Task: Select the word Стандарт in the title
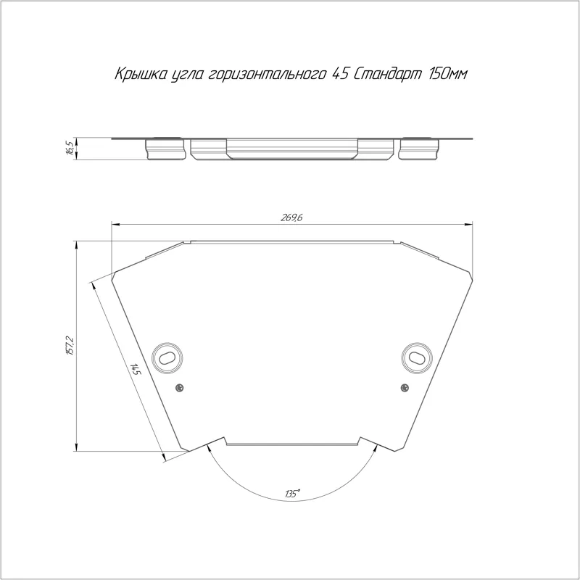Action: coord(388,75)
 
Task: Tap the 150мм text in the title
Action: coord(447,75)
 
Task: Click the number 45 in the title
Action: coord(340,75)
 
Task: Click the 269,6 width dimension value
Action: coord(291,217)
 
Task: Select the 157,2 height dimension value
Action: coord(70,346)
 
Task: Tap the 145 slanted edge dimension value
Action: coord(135,369)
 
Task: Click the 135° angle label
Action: coord(292,494)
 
